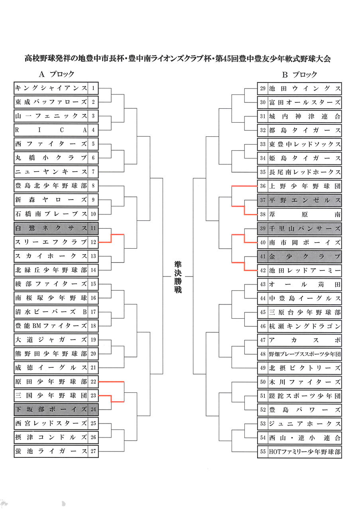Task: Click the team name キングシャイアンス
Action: pyautogui.click(x=51, y=88)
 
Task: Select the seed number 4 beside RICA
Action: pyautogui.click(x=93, y=130)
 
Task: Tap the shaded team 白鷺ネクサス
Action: pyautogui.click(x=51, y=228)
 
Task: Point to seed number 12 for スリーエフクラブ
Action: pyautogui.click(x=93, y=242)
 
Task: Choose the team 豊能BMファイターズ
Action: pyautogui.click(x=51, y=326)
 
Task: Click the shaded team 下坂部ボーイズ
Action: pyautogui.click(x=51, y=409)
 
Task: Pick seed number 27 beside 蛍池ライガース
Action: pyautogui.click(x=93, y=451)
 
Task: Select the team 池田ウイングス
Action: pyautogui.click(x=305, y=88)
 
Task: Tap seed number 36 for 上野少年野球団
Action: pyautogui.click(x=263, y=186)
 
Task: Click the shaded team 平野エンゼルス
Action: pyautogui.click(x=305, y=200)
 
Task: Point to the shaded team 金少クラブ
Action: pyautogui.click(x=305, y=256)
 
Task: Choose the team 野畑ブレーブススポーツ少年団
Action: pyautogui.click(x=305, y=354)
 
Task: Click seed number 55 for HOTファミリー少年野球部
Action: pyautogui.click(x=263, y=451)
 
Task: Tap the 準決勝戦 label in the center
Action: pyautogui.click(x=178, y=277)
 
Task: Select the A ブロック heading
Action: pyautogui.click(x=57, y=74)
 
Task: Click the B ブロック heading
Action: pyautogui.click(x=299, y=75)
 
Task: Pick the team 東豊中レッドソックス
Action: pyautogui.click(x=305, y=144)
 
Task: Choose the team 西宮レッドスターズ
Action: pyautogui.click(x=51, y=423)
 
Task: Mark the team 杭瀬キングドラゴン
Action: pyautogui.click(x=305, y=326)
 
